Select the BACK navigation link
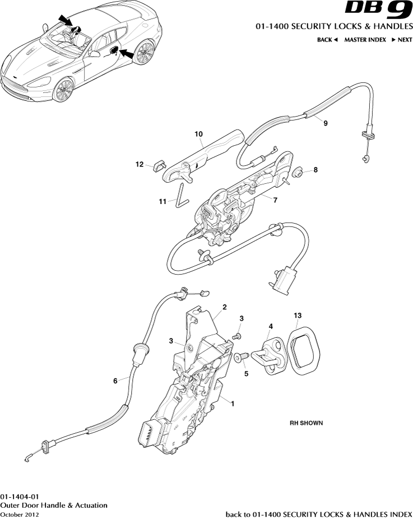pos(327,40)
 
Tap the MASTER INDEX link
pos(365,40)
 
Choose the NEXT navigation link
pos(401,40)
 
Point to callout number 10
pos(198,135)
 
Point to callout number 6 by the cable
pos(115,381)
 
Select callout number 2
pos(224,307)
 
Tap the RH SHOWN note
pos(306,423)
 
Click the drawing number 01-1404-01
pos(20,497)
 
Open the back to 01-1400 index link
pos(318,514)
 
